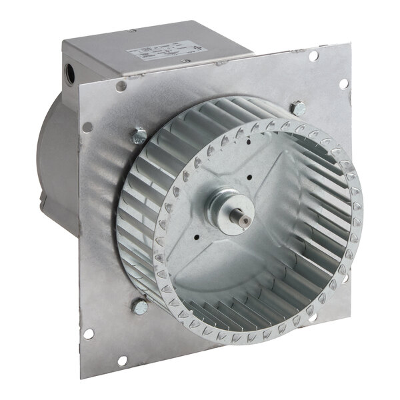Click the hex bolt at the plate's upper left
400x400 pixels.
[x=139, y=137]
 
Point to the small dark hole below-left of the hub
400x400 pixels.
[x=198, y=236]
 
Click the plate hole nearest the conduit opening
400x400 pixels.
[x=121, y=86]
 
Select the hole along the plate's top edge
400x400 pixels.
[x=312, y=55]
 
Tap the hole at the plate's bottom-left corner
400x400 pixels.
[x=87, y=333]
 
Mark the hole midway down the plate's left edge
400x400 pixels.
[x=87, y=127]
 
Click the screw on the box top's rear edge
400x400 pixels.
[x=132, y=30]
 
